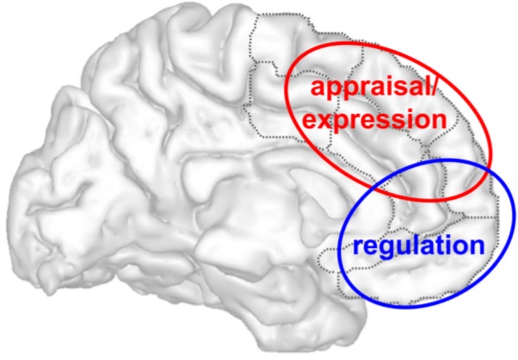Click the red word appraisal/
click(x=374, y=89)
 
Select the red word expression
click(x=374, y=121)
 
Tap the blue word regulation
click(x=418, y=245)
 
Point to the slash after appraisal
click(x=434, y=87)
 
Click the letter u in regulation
click(x=404, y=246)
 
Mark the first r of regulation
click(x=359, y=246)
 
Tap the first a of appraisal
click(x=318, y=90)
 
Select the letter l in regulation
click(x=417, y=244)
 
